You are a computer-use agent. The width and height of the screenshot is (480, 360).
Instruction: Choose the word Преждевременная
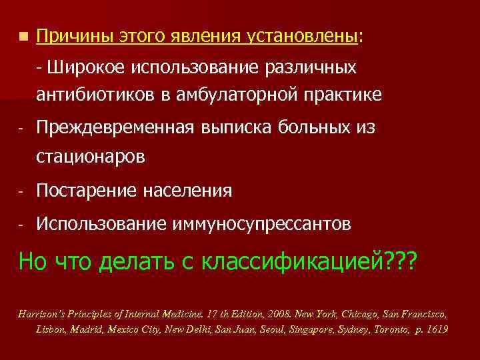[122, 128]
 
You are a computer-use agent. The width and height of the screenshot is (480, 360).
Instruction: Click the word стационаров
[91, 157]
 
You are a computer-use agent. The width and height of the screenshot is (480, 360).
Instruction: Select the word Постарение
[86, 191]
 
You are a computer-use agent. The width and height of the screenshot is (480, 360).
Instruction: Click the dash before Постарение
[22, 192]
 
